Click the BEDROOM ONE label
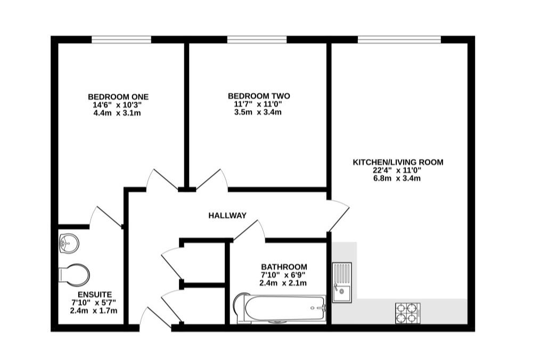[x=118, y=96]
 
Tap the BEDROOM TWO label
[x=259, y=96]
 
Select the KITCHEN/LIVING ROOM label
[x=398, y=162]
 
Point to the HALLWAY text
[x=227, y=216]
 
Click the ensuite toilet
[x=73, y=275]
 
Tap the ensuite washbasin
[x=69, y=243]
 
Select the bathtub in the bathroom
[x=280, y=309]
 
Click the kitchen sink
[x=342, y=282]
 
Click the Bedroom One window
[x=121, y=39]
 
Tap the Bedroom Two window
[x=257, y=39]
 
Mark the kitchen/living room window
[x=399, y=39]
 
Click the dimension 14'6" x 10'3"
[x=118, y=105]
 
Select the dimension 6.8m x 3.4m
[x=398, y=178]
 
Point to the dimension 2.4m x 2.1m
[x=283, y=283]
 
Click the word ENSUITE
[x=94, y=294]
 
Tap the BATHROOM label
[x=284, y=267]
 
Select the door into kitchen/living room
[x=338, y=216]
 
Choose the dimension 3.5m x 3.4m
[x=259, y=112]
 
